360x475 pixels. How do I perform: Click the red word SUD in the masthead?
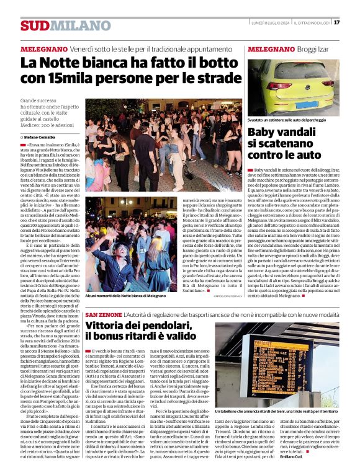point(34,25)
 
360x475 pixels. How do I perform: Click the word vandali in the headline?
point(307,132)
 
